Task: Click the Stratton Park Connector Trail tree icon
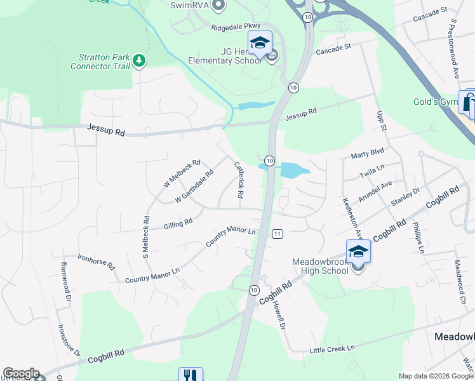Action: tap(139, 61)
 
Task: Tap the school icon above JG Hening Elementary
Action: tap(259, 43)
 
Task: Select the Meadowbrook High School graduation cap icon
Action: tap(358, 252)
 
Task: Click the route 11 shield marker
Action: tap(278, 234)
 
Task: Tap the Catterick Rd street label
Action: tap(239, 180)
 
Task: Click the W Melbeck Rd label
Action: tap(182, 173)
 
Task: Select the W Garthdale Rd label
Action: tap(194, 186)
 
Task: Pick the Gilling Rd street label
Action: tap(178, 224)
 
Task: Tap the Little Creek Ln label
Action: tap(331, 349)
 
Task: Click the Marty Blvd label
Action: tap(368, 154)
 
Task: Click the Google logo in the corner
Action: tap(20, 373)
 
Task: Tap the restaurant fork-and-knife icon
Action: tap(191, 375)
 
